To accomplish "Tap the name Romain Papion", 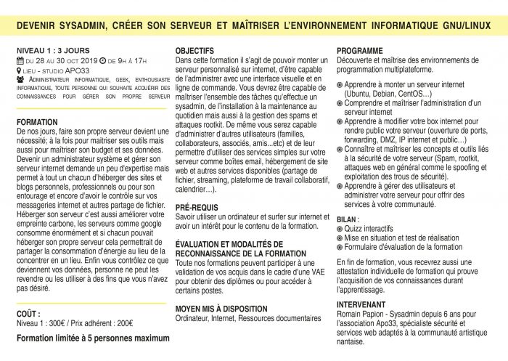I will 363,308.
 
